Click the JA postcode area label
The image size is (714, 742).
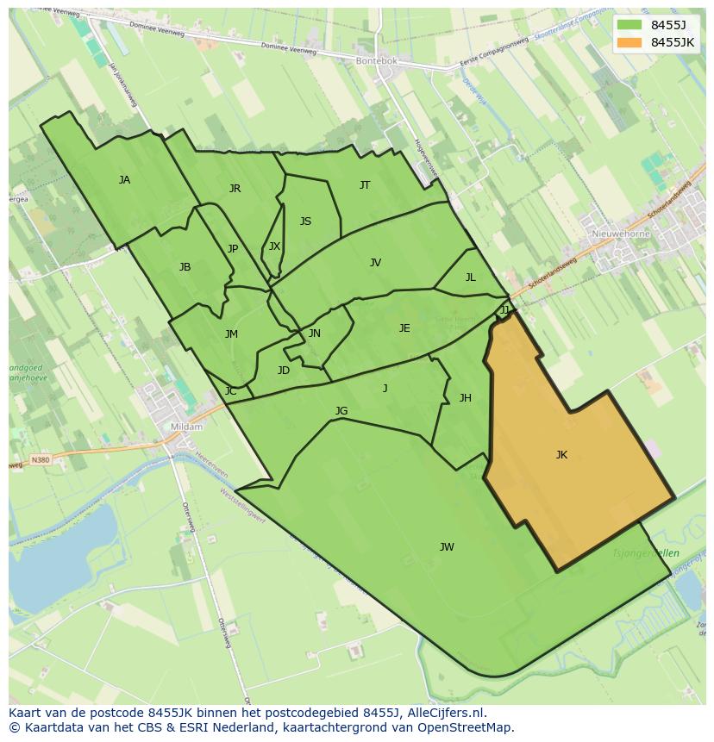point(124,180)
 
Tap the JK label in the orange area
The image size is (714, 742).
point(561,455)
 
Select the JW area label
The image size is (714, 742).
point(447,547)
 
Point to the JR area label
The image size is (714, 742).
point(235,189)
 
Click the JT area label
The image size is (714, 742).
point(365,185)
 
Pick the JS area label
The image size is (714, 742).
point(305,221)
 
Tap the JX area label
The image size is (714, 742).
point(274,246)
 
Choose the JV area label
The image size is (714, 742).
point(375,263)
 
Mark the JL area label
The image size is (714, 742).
point(470,277)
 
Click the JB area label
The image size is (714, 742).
point(185,267)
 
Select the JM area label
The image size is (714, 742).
point(231,334)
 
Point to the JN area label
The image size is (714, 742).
point(315,334)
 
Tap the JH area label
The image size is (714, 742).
point(465,398)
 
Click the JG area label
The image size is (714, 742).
point(341,411)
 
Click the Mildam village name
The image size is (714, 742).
point(186,427)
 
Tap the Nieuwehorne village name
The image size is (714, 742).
point(621,234)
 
